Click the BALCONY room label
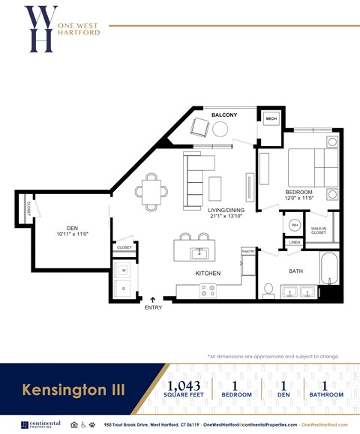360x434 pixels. tap(223, 115)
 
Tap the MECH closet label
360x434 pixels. tap(271, 119)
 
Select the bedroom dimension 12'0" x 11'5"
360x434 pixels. tap(298, 199)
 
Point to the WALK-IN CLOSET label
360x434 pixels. tap(319, 230)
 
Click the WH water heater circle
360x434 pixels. tap(295, 225)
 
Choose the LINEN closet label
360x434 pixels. tap(294, 242)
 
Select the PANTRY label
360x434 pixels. tap(248, 252)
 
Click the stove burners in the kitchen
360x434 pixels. tap(208, 290)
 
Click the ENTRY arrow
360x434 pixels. tap(153, 301)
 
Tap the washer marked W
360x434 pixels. tap(123, 270)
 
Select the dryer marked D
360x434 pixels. tap(123, 288)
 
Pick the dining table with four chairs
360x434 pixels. tap(151, 190)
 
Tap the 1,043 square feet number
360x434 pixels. tap(184, 386)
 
